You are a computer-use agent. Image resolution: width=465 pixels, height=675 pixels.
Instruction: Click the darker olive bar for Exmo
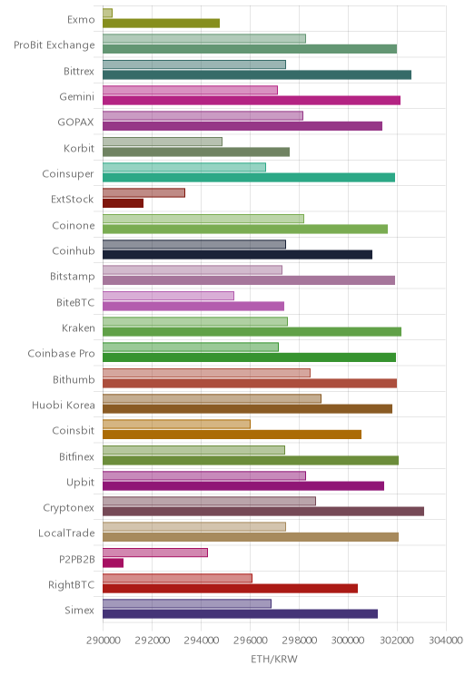point(161,24)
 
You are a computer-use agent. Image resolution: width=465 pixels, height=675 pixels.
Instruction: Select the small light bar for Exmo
point(107,13)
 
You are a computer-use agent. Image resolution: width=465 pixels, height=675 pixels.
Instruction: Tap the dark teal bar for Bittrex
point(257,75)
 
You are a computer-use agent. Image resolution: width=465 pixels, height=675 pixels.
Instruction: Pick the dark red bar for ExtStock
point(123,203)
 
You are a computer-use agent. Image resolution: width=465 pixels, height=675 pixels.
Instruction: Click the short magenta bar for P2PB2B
point(113,562)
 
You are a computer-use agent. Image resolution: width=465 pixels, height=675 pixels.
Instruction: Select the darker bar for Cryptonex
point(263,512)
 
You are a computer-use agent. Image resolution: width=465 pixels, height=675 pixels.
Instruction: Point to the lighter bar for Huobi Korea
point(212,398)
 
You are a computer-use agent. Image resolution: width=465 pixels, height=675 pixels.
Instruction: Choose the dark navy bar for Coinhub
point(237,254)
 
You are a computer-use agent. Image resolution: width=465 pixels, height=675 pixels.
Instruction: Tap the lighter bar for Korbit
point(163,142)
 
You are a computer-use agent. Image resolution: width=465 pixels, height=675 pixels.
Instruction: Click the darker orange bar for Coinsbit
point(232,435)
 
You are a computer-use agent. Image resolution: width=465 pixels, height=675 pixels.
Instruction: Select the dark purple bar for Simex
point(240,614)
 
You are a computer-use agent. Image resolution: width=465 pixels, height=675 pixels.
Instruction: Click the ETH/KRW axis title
point(274,659)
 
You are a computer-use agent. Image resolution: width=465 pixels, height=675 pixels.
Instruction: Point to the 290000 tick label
point(104,641)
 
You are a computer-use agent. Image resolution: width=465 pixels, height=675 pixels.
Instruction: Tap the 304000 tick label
point(446,641)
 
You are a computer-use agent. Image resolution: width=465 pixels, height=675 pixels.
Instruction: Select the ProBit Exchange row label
point(54,45)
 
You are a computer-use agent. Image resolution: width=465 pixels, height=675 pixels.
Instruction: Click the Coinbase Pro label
point(61,354)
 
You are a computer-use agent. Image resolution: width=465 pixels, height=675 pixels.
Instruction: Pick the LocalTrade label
point(66,533)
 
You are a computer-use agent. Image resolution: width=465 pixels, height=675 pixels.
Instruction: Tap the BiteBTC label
point(75,303)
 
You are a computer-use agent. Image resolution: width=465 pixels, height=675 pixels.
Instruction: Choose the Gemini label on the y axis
point(76,96)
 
